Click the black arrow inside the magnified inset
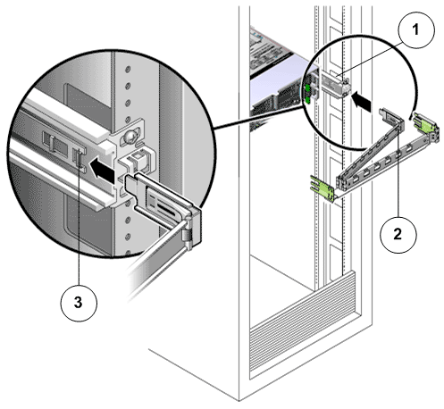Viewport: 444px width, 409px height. (x=102, y=171)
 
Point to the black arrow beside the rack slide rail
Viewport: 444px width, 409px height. (x=361, y=102)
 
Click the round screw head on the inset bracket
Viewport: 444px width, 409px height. (x=130, y=137)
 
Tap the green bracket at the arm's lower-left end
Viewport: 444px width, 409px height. (x=323, y=188)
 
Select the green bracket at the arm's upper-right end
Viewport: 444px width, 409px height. (x=426, y=126)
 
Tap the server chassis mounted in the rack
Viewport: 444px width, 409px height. (x=275, y=79)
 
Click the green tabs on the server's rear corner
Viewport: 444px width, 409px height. (x=307, y=94)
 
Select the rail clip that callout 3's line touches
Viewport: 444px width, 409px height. (x=78, y=158)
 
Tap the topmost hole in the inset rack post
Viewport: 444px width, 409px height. (x=128, y=70)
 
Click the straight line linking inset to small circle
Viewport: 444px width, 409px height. (x=259, y=118)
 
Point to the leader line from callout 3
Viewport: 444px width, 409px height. (x=79, y=221)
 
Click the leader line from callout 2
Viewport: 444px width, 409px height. (x=398, y=170)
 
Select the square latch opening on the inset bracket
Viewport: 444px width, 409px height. (x=138, y=155)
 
